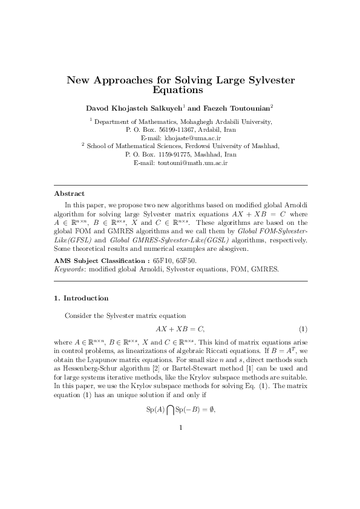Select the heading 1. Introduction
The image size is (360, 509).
click(x=81, y=298)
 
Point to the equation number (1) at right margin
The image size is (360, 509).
click(x=303, y=329)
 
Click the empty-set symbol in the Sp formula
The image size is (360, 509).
click(x=211, y=409)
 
